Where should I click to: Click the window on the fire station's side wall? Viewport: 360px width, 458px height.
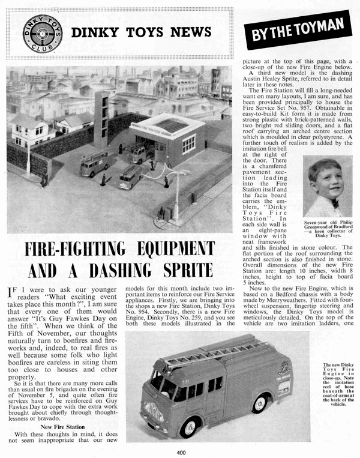(189, 143)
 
